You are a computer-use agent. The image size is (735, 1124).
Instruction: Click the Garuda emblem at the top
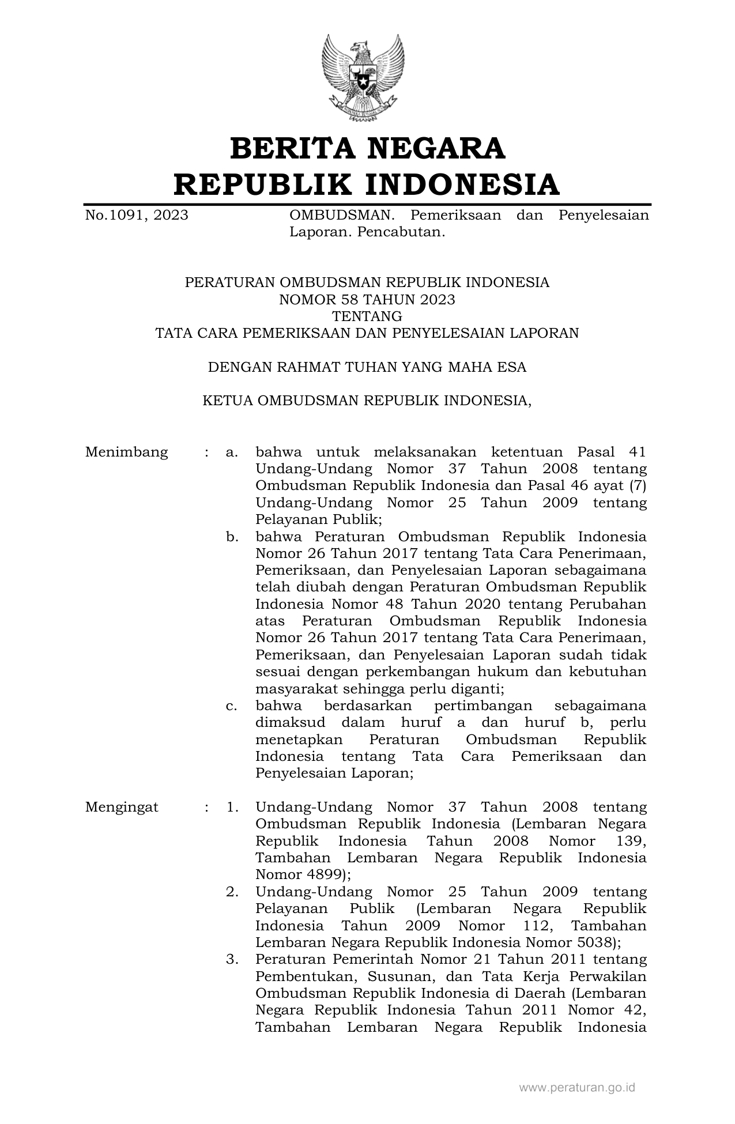[x=362, y=78]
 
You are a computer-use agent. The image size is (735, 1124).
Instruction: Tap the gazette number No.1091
[x=115, y=216]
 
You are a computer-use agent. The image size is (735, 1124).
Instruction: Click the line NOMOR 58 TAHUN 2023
[x=367, y=300]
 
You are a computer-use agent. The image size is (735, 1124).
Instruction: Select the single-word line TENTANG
[x=367, y=316]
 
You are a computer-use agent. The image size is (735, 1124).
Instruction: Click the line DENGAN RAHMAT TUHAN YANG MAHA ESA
[x=367, y=367]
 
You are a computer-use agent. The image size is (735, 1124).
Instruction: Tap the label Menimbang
[x=127, y=452]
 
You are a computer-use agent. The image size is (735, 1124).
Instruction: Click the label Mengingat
[x=122, y=807]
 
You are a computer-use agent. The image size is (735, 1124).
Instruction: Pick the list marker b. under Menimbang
[x=232, y=537]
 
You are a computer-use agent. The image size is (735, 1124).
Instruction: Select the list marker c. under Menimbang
[x=232, y=706]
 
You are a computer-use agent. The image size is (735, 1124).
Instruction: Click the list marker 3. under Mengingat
[x=232, y=960]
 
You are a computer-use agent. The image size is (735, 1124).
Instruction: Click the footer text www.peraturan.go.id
[x=577, y=1088]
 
